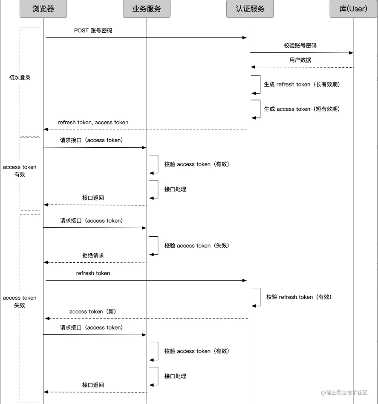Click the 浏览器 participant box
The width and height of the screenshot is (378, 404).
coord(43,9)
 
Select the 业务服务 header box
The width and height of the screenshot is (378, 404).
coord(147,9)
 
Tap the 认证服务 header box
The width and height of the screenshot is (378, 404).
coord(250,9)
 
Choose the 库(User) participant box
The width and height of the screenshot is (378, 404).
coord(353,9)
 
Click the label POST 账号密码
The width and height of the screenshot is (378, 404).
coord(93,30)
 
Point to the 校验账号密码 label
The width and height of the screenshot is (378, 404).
coord(300,46)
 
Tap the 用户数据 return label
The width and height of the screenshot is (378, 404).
coord(300,60)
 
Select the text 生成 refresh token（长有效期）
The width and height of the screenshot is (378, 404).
coord(302,84)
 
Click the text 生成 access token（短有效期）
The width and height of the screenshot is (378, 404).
coord(302,109)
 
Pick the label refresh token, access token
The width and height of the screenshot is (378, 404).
coord(93,122)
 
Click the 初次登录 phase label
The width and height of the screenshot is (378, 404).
coord(20,77)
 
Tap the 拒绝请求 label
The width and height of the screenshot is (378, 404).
coord(93,255)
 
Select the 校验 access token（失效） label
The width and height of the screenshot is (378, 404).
coord(197,246)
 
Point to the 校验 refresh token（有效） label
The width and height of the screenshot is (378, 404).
coord(299,297)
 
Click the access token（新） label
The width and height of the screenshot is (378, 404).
coord(93,312)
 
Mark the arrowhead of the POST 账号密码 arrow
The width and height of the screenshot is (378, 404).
coord(245,37)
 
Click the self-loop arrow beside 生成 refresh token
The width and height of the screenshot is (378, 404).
coord(260,84)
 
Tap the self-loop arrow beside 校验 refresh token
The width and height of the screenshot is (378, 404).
coord(260,297)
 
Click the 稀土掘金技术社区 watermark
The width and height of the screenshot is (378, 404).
coord(344,393)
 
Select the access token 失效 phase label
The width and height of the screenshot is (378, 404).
coord(20,301)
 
